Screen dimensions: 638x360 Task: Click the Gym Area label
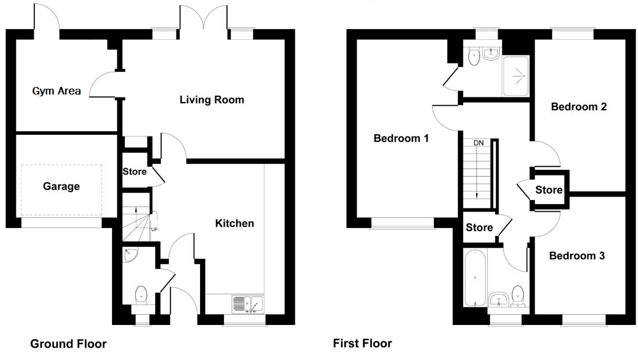point(57,91)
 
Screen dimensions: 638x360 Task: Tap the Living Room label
point(212,100)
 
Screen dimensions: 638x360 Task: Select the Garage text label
point(61,187)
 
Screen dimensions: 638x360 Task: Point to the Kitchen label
point(234,223)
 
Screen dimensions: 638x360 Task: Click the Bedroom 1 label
point(401,138)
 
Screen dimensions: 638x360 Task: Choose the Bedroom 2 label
point(579,107)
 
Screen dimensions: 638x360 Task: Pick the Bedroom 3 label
point(577,256)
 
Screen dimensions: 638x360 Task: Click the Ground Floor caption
point(68,344)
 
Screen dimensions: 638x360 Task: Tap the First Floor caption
point(363,343)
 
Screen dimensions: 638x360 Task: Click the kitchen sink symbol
point(248,304)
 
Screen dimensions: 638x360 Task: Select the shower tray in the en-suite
point(516,76)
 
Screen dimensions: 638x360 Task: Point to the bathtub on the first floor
point(475,278)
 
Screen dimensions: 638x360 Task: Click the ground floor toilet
point(141,295)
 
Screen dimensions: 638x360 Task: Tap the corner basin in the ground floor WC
point(130,254)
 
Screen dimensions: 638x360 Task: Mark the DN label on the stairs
point(478,143)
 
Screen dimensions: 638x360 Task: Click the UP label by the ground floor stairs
point(154,229)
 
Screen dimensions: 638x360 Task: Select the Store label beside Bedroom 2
point(549,190)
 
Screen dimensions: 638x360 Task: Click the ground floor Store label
point(135,172)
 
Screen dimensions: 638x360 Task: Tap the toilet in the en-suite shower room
point(474,57)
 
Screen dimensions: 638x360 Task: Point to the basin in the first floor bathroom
point(499,299)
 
